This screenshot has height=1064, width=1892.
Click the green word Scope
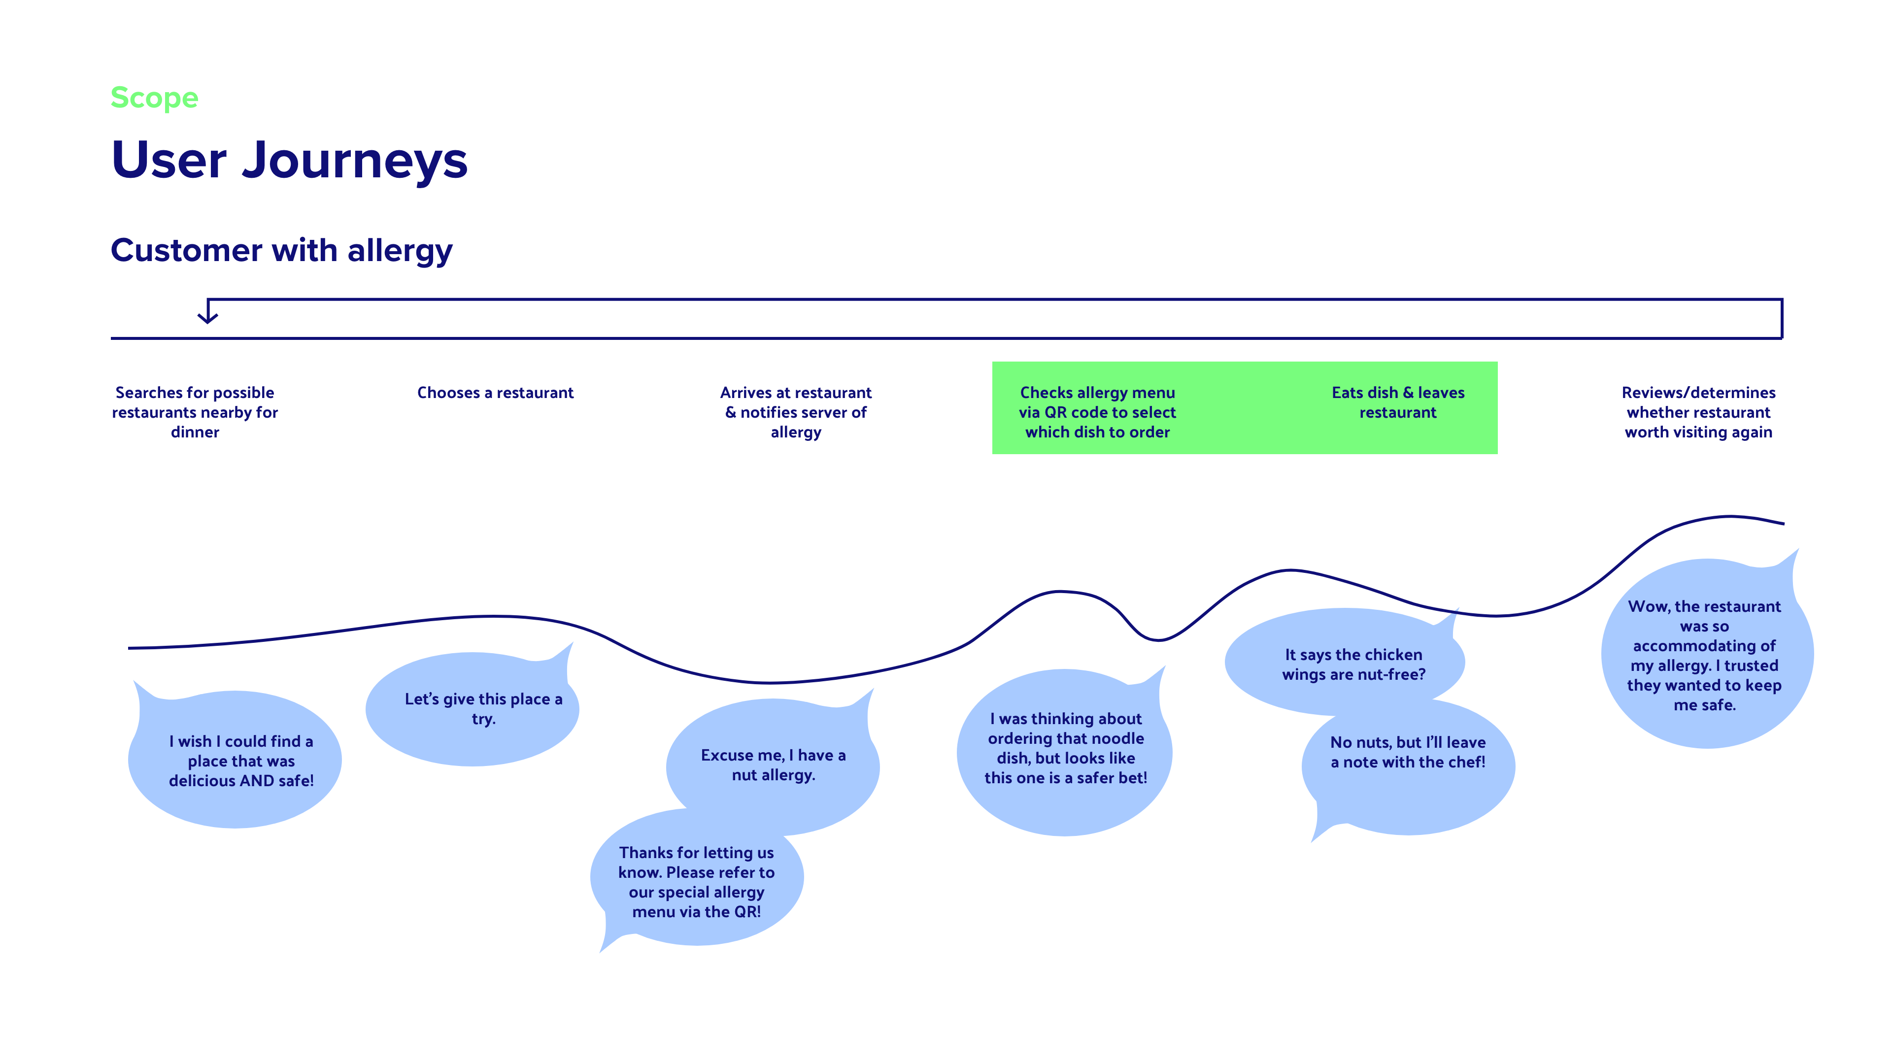pos(154,98)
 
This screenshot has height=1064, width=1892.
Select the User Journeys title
pos(289,161)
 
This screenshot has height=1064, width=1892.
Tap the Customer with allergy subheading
pos(281,250)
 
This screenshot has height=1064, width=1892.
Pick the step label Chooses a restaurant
pos(495,393)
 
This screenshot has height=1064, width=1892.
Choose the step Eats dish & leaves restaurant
pos(1398,402)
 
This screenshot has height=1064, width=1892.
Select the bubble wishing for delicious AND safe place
pos(235,759)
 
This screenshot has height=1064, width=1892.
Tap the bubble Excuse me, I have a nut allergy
pos(773,766)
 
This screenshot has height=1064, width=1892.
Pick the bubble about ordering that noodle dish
pos(1064,751)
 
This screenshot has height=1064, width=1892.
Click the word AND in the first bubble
pos(257,781)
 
